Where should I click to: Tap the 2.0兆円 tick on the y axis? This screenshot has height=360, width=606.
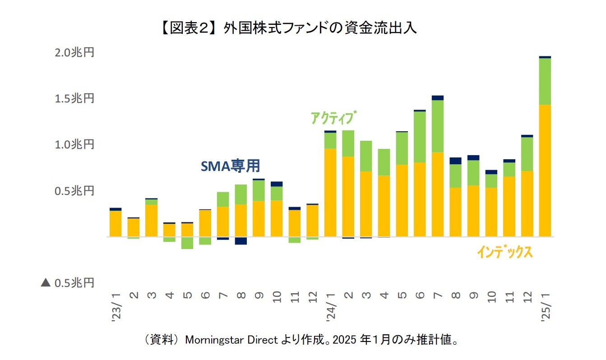pyautogui.click(x=74, y=53)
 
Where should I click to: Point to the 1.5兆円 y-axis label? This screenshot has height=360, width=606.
pyautogui.click(x=74, y=99)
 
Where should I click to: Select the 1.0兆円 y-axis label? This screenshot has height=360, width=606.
pyautogui.click(x=74, y=145)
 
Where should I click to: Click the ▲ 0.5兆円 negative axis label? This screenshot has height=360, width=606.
pyautogui.click(x=68, y=283)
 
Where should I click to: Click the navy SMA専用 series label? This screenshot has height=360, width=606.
pyautogui.click(x=230, y=166)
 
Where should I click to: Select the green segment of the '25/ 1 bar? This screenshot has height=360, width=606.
pyautogui.click(x=545, y=82)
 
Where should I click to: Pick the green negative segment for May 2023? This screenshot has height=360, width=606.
pyautogui.click(x=187, y=243)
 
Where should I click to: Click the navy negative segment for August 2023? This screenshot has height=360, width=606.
pyautogui.click(x=241, y=241)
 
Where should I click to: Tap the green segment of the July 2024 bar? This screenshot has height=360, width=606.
pyautogui.click(x=438, y=126)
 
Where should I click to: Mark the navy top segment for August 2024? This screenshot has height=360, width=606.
pyautogui.click(x=455, y=161)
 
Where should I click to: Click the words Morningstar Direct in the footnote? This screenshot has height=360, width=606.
pyautogui.click(x=234, y=340)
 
